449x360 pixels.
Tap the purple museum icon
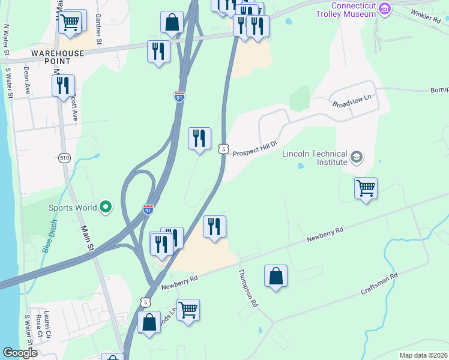pyautogui.click(x=385, y=8)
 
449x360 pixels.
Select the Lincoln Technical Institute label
pyautogui.click(x=315, y=158)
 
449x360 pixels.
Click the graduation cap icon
pyautogui.click(x=357, y=158)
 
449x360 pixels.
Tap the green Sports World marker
pyautogui.click(x=106, y=208)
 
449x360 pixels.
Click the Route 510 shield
pyautogui.click(x=65, y=158)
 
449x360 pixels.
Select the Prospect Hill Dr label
pyautogui.click(x=255, y=148)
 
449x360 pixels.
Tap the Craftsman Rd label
pyautogui.click(x=379, y=284)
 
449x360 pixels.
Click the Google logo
pyautogui.click(x=20, y=353)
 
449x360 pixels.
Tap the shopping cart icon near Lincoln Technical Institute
pyautogui.click(x=366, y=189)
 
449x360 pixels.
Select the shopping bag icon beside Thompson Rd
pyautogui.click(x=276, y=276)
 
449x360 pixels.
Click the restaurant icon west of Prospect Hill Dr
pyautogui.click(x=199, y=139)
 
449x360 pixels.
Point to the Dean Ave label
pyautogui.click(x=27, y=77)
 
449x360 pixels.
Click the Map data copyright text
pyautogui.click(x=423, y=355)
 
